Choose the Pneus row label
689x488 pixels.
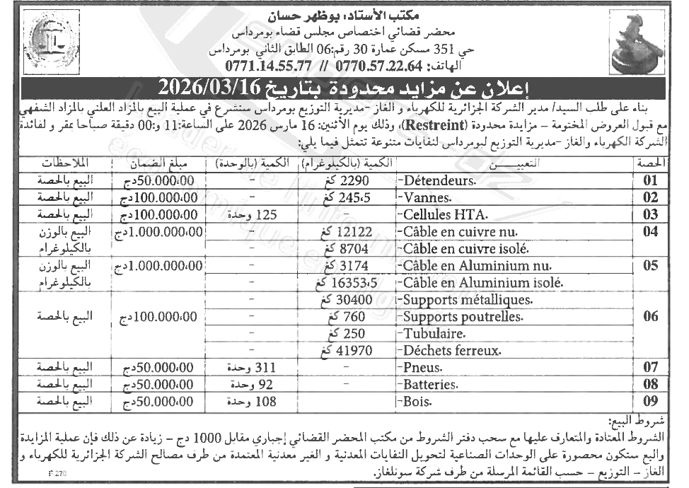tap(423, 368)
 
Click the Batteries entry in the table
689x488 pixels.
tap(430, 385)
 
